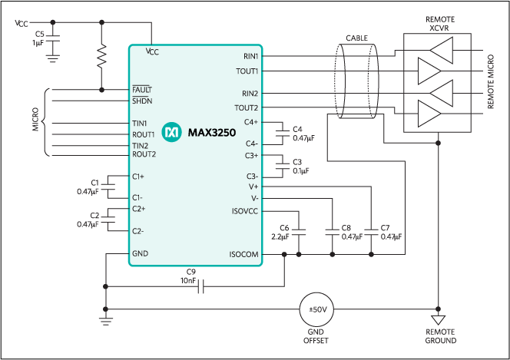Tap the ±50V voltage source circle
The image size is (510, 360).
pos(317,309)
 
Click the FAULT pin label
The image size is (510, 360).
pos(142,90)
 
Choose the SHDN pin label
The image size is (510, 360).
pos(142,101)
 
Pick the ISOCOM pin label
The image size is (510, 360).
pos(243,254)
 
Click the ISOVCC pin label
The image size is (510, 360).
pos(245,211)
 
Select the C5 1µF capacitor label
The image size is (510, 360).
pos(39,38)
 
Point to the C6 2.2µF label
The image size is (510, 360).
pos(283,233)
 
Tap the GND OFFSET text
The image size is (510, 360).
pos(317,336)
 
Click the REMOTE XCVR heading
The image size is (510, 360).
pos(439,22)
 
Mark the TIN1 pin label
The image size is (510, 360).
pos(139,123)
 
